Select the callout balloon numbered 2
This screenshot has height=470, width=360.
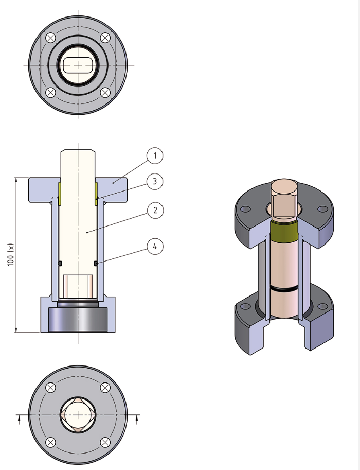point(154,210)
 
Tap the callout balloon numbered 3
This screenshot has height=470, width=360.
point(154,181)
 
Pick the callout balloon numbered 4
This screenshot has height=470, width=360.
point(154,247)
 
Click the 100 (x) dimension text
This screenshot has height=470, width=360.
point(10,254)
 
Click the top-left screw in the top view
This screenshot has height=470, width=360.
point(50,38)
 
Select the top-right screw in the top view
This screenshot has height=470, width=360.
point(105,38)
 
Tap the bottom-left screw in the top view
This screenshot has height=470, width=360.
point(50,93)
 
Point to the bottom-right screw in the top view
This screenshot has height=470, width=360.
point(105,93)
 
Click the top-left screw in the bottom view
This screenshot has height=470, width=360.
point(50,388)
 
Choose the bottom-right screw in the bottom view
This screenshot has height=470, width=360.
point(105,442)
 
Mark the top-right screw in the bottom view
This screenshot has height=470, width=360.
point(105,388)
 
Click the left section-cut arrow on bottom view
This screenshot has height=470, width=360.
point(20,419)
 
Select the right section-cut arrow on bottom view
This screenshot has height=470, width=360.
point(136,419)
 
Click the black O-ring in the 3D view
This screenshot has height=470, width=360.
point(284,290)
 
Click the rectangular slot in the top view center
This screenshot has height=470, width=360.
point(78,65)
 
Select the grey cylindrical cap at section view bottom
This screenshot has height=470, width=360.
point(78,320)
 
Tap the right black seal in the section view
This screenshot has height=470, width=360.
point(96,263)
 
